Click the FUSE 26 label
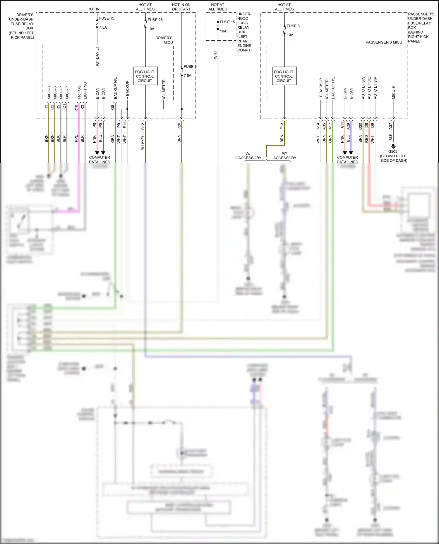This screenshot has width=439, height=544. pyautogui.click(x=155, y=20)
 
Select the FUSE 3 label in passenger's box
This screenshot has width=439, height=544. pyautogui.click(x=293, y=26)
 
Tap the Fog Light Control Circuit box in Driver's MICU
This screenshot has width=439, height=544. pyautogui.click(x=145, y=76)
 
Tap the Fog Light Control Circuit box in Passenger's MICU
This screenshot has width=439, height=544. pyautogui.click(x=284, y=76)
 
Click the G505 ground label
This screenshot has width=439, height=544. pyautogui.click(x=393, y=151)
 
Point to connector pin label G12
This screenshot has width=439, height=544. pyautogui.click(x=143, y=126)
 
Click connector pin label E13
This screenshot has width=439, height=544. pyautogui.click(x=282, y=126)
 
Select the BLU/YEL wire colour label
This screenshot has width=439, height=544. pyautogui.click(x=143, y=143)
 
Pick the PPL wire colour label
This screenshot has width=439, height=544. pyautogui.click(x=76, y=139)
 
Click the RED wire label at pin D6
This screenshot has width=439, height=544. pyautogui.click(x=366, y=139)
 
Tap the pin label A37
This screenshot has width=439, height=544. pyautogui.click(x=390, y=126)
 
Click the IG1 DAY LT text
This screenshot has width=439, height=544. pyautogui.click(x=97, y=56)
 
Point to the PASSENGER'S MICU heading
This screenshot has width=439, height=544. pyautogui.click(x=384, y=42)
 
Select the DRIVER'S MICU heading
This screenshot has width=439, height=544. pyautogui.click(x=164, y=40)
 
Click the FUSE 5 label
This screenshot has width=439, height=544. pyautogui.click(x=190, y=67)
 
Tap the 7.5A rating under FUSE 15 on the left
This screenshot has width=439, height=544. pyautogui.click(x=103, y=27)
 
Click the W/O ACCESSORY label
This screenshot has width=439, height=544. pyautogui.click(x=248, y=156)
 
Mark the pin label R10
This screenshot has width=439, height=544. pyautogui.click(x=76, y=108)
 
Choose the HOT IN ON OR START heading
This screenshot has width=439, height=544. pyautogui.click(x=181, y=7)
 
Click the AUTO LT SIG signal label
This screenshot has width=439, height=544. pyautogui.click(x=363, y=88)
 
